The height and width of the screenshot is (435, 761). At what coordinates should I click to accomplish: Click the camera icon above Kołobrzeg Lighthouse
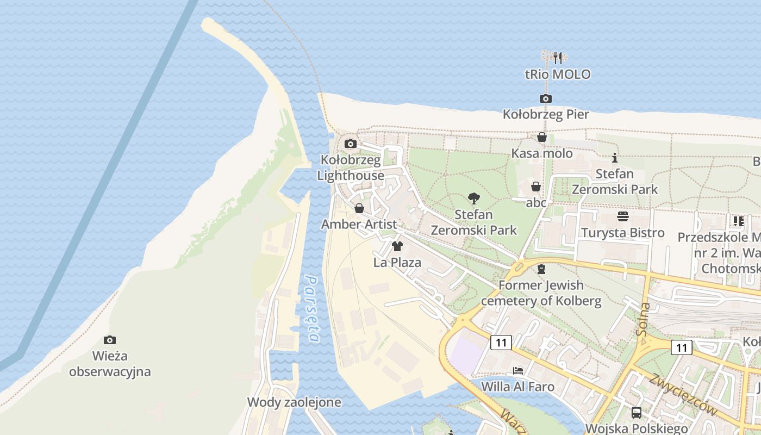pos(351,144)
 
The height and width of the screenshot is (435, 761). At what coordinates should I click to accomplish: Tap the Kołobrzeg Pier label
pos(546,115)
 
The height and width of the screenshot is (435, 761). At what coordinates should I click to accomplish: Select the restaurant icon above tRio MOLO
pos(557,58)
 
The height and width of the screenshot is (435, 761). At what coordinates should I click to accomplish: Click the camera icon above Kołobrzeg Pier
pos(546,98)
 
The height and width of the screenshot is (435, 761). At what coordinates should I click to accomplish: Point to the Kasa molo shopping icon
pos(542,137)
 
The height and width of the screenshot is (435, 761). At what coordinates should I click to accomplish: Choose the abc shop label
pos(536,203)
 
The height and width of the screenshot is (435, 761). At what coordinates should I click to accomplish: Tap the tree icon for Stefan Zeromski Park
pos(473,198)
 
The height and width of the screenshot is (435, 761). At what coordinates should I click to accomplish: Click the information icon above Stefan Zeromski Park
pos(615,158)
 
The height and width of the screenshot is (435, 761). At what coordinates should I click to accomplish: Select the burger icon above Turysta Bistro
pos(623,216)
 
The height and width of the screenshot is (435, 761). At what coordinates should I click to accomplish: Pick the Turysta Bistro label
pos(623,233)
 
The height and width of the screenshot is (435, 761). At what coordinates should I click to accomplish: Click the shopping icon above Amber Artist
pos(359,208)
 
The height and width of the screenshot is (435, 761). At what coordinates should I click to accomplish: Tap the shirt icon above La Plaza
pos(397,246)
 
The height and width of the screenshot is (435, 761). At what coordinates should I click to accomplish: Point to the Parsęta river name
pos(312,308)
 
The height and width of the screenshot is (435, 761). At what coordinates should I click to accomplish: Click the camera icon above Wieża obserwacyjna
pos(110,340)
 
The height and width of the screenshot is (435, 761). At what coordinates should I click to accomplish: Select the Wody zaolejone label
pos(294,402)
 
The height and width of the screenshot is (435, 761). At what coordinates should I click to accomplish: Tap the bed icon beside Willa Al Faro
pos(518,371)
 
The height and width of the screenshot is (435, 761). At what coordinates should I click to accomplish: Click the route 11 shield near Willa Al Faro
pos(501,342)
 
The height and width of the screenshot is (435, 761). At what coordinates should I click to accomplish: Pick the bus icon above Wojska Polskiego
pos(637,413)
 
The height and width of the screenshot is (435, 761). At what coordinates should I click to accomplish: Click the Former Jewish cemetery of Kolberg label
pos(541,293)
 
